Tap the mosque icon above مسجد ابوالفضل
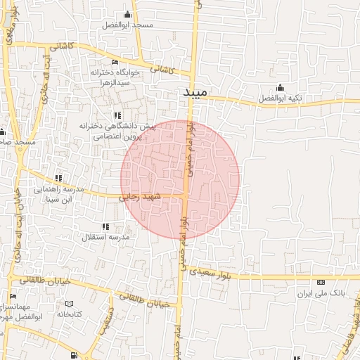point(127,15)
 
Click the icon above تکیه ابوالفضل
point(280,88)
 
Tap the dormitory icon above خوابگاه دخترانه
point(115,63)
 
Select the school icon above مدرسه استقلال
point(105,226)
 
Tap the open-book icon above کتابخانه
point(69,304)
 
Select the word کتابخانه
point(69,314)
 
